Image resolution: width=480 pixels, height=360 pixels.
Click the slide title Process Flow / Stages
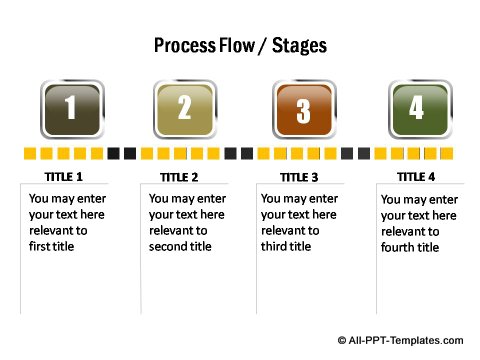coord(240,46)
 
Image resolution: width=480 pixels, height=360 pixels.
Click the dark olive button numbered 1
coord(70,108)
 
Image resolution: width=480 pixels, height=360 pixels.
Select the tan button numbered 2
coord(184,108)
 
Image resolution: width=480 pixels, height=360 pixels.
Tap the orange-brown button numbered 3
coord(302,108)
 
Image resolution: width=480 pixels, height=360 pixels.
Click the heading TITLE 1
coord(65,176)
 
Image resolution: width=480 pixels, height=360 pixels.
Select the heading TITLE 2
coord(179,177)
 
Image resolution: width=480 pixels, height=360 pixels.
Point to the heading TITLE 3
coord(299,177)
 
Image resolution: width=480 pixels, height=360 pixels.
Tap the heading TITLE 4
coord(416,176)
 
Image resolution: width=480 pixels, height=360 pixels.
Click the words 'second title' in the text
coord(180,246)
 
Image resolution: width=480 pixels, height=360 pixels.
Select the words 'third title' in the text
coord(289,246)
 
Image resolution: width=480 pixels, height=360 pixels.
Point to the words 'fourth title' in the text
coord(409,247)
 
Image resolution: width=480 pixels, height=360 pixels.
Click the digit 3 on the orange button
coord(302,108)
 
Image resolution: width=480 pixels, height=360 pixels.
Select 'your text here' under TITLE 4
coord(418,215)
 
